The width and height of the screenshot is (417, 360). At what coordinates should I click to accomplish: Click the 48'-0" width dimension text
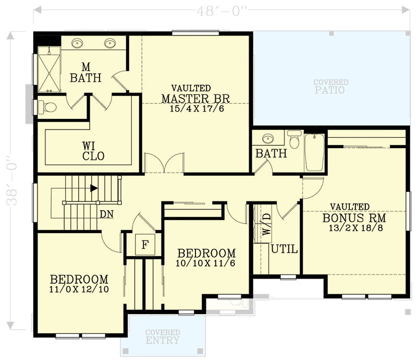click(x=222, y=10)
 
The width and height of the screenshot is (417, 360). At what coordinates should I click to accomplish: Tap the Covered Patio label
click(x=330, y=87)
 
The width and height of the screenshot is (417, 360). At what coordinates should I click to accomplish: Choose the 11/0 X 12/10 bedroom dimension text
click(x=79, y=290)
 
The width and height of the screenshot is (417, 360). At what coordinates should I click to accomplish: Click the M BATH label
click(x=86, y=73)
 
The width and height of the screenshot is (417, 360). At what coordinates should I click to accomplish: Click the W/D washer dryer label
click(x=266, y=225)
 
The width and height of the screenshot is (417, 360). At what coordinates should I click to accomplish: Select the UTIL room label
click(x=284, y=250)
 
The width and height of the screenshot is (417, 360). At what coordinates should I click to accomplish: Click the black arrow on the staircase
click(x=94, y=188)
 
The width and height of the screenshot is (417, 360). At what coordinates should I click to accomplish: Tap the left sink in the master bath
click(x=77, y=43)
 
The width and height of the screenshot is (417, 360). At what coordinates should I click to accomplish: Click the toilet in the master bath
click(x=48, y=107)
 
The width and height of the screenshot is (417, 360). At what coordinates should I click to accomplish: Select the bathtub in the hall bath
click(x=314, y=152)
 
